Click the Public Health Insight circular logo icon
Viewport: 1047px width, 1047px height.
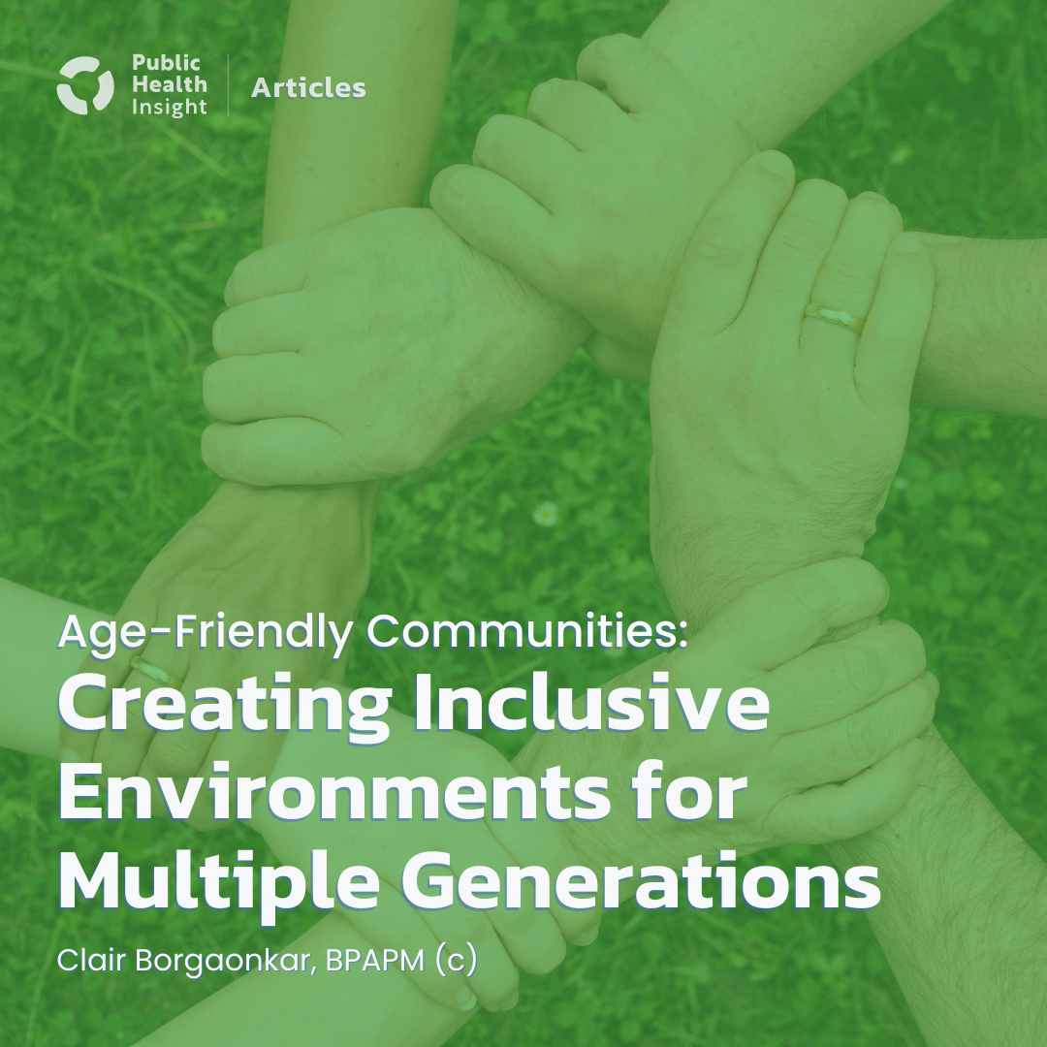[x=86, y=86]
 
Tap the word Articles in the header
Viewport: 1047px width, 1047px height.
[x=308, y=88]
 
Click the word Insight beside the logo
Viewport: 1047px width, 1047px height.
[x=169, y=108]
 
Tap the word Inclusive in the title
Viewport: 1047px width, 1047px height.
[x=590, y=709]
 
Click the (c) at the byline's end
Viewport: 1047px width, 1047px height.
[x=455, y=963]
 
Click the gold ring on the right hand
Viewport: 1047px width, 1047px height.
[x=835, y=317]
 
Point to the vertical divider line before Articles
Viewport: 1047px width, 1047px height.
[x=229, y=86]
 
